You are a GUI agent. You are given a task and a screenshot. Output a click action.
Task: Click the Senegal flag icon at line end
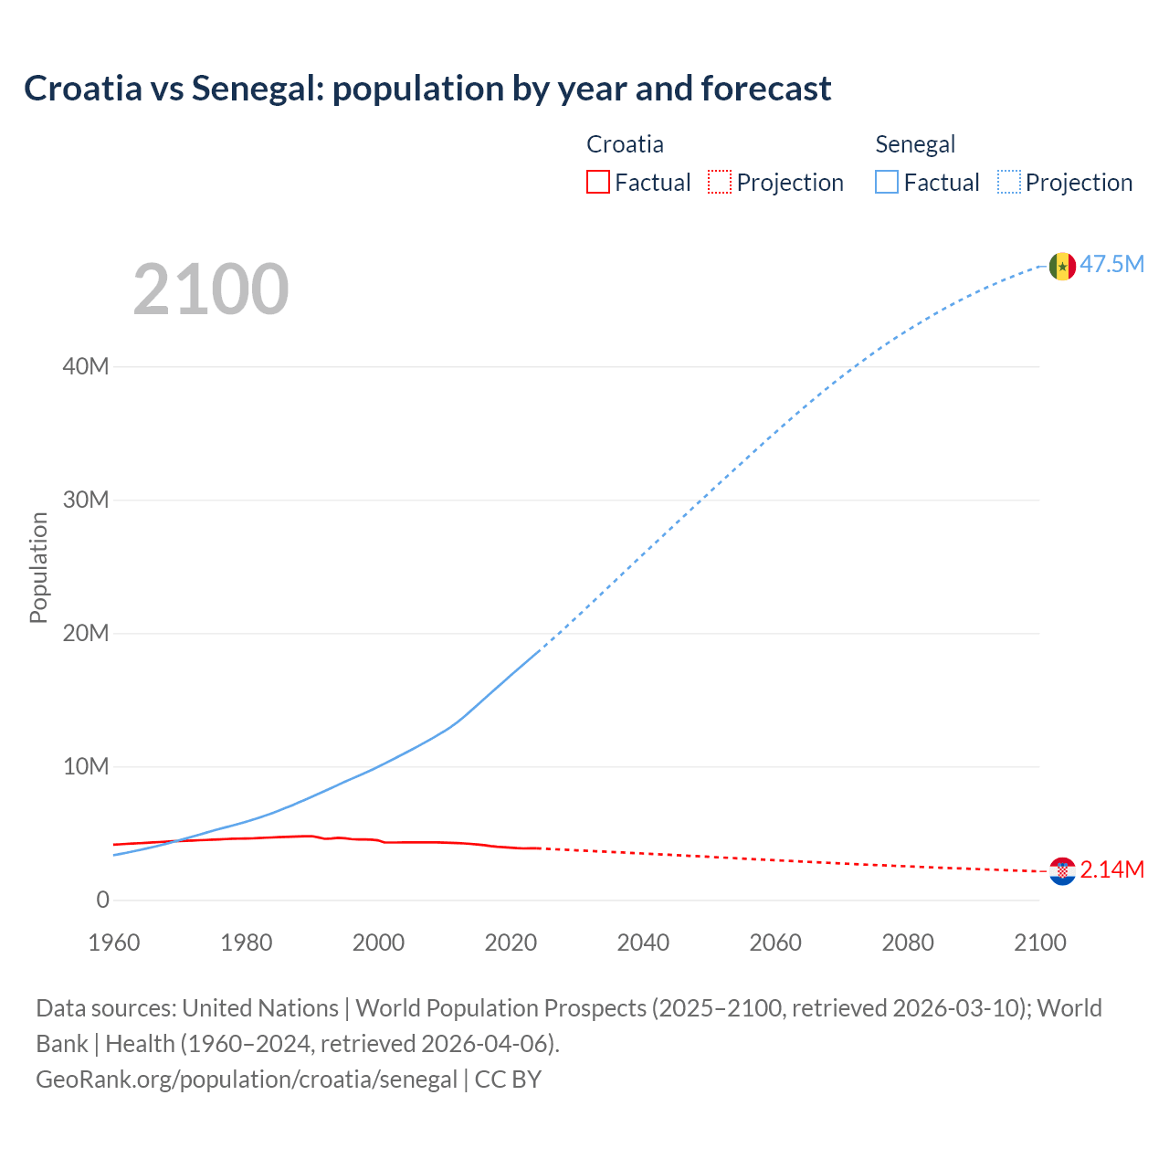coord(1062,266)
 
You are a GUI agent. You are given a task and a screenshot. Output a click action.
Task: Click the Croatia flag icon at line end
coord(1062,871)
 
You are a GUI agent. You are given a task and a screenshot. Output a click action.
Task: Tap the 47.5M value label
coord(1111,265)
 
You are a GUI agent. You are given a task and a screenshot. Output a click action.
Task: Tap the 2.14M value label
coord(1111,870)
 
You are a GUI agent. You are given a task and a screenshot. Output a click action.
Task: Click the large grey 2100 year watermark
coord(211,290)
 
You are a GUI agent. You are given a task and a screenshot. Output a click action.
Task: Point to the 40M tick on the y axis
coord(86,367)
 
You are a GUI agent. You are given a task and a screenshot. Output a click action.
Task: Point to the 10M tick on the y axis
coord(86,767)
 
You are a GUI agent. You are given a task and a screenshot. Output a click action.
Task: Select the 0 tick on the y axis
coord(102,900)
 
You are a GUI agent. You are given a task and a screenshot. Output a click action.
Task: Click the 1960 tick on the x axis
coord(114,943)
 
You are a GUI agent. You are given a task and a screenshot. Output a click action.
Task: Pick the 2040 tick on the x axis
coord(643,943)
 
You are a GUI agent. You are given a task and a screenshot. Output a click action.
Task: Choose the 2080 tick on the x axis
coord(908,943)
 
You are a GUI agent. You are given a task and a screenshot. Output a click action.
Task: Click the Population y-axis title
coord(38,568)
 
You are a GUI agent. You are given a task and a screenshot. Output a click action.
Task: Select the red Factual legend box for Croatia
coord(598,183)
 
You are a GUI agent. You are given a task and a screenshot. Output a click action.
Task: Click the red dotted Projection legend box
coord(720,183)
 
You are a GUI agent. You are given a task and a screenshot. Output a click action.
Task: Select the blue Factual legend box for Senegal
coord(887,183)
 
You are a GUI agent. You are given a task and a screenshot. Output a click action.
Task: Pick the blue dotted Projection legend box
coord(1009,183)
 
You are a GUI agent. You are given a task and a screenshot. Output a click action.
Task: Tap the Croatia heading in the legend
coord(625,144)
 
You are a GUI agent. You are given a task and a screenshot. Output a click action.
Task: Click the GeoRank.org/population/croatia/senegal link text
coord(247,1079)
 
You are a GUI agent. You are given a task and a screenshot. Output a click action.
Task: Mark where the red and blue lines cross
coord(176,840)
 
